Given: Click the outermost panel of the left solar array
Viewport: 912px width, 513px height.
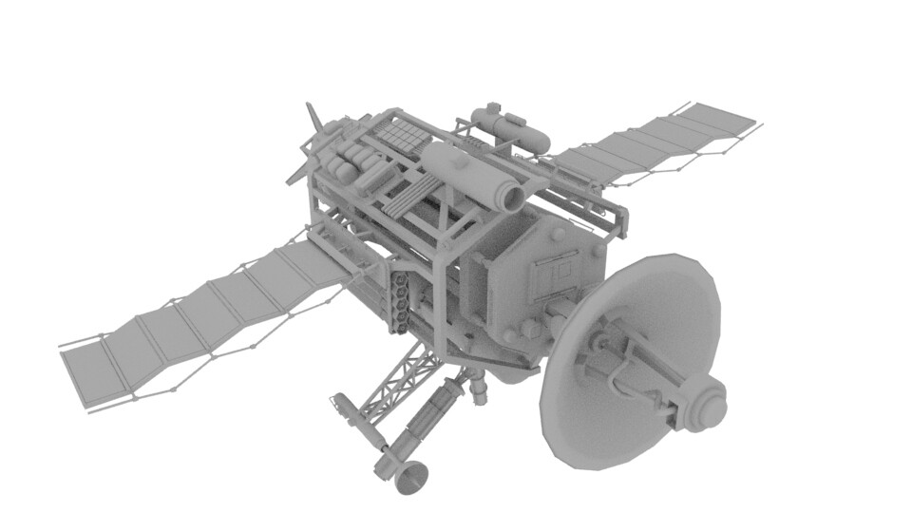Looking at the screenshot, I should point(91,371).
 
